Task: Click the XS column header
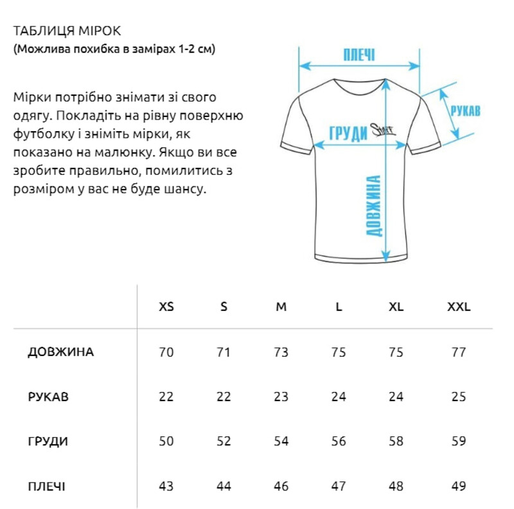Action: [x=166, y=307]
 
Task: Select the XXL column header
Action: [x=459, y=307]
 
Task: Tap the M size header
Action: [x=281, y=307]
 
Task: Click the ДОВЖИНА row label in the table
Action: [x=61, y=352]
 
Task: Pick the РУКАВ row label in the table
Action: [x=48, y=397]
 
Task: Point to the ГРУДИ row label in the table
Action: [x=48, y=442]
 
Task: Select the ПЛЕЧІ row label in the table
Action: [x=46, y=486]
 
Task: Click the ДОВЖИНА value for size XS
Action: [x=166, y=352]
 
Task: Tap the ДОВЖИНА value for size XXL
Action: [x=459, y=352]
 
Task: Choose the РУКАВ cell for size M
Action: [x=281, y=397]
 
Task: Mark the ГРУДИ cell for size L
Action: [x=339, y=442]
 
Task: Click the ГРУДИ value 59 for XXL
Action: [x=459, y=442]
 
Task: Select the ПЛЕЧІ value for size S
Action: [x=224, y=486]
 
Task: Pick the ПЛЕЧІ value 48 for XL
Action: [x=396, y=486]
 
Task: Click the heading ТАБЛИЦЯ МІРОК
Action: [x=66, y=31]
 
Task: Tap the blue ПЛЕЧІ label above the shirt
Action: [x=359, y=54]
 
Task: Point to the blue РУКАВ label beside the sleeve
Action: [x=465, y=111]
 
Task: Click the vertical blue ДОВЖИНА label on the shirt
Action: [x=375, y=206]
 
